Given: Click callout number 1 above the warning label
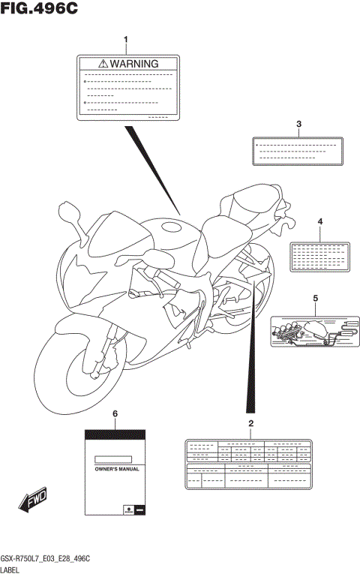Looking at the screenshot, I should (126, 38).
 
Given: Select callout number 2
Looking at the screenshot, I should (250, 425).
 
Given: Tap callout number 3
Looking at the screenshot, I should (298, 123).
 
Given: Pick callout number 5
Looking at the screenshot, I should (315, 299).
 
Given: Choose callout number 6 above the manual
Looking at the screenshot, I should (115, 413).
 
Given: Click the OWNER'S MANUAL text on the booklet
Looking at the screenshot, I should (115, 468).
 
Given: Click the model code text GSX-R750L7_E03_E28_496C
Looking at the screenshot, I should (46, 559).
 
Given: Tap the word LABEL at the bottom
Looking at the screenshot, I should (13, 570).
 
